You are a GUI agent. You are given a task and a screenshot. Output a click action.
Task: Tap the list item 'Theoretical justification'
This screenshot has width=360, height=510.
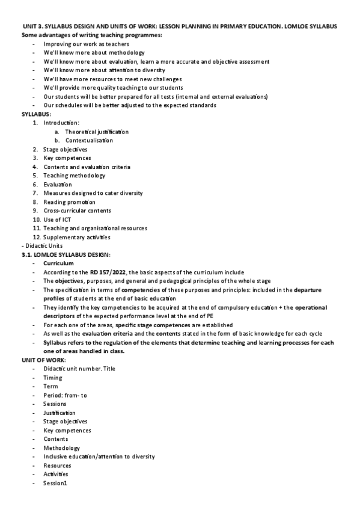point(97,132)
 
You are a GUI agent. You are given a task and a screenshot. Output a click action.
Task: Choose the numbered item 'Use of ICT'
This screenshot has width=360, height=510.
point(57,220)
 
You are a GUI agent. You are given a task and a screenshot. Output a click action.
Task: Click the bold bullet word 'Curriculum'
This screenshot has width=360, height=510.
point(58,263)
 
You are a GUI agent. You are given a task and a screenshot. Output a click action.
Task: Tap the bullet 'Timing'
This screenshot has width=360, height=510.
point(52,378)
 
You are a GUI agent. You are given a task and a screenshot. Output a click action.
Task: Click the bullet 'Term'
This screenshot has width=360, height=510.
point(50,386)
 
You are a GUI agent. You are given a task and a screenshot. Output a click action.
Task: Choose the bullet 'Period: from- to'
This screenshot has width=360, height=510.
point(65,395)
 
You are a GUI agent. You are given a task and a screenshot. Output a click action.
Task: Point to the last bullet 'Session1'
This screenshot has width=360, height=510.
point(55,484)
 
